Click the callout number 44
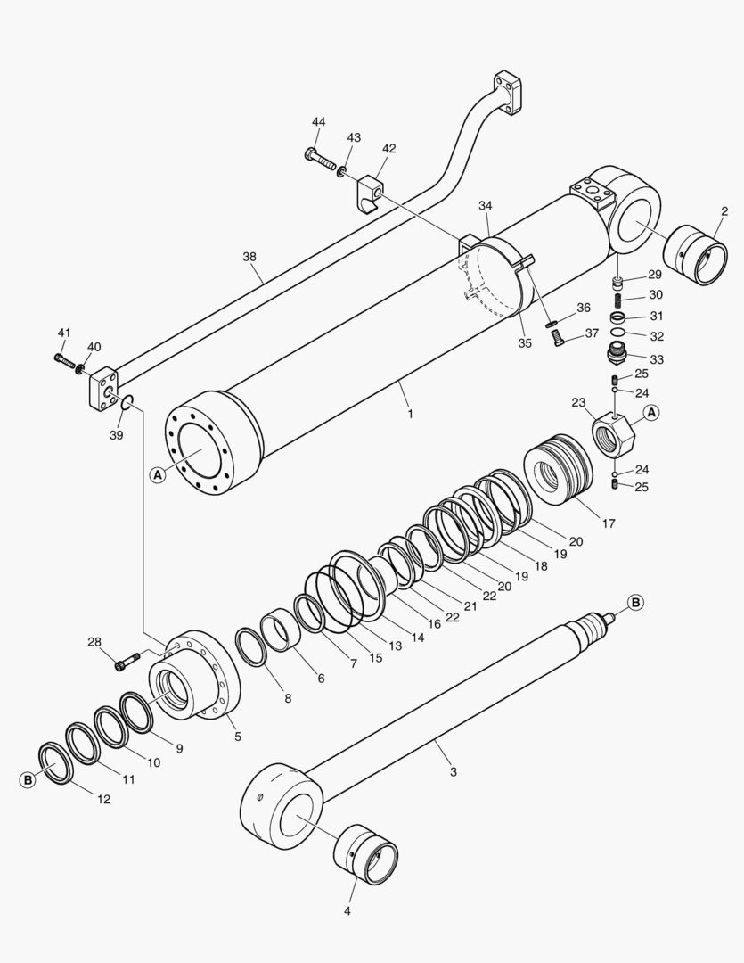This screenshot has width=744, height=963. coord(319,121)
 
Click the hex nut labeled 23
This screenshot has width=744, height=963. coord(611,435)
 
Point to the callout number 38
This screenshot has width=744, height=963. coord(249,256)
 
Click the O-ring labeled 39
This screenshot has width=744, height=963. coord(127,406)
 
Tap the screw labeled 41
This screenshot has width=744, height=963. coord(64,359)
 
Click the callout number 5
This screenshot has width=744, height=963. coord(238,737)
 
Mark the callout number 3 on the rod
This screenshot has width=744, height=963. coord(453,771)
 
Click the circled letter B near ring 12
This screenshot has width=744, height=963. coord(28,779)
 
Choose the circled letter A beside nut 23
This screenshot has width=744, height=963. coord(651,412)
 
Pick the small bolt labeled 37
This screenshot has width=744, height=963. coord(560,339)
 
